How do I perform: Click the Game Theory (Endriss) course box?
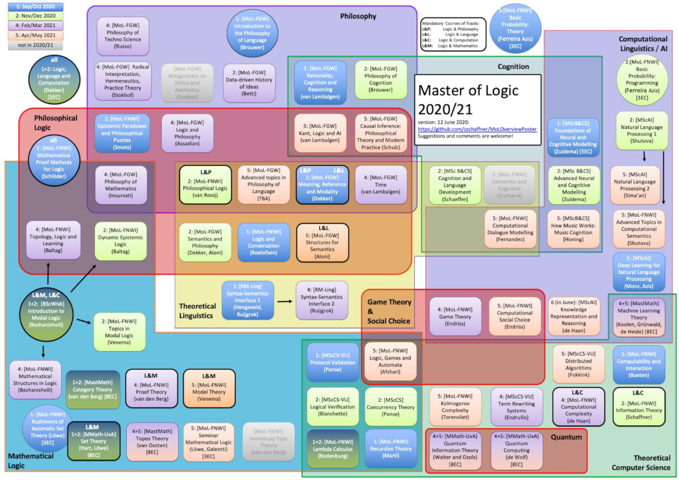[x=455, y=316]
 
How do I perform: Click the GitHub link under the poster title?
[x=476, y=129]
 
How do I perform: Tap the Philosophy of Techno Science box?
[x=123, y=36]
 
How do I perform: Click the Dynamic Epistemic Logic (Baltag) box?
[x=121, y=240]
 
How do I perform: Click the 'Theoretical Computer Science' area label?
[x=643, y=462]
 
